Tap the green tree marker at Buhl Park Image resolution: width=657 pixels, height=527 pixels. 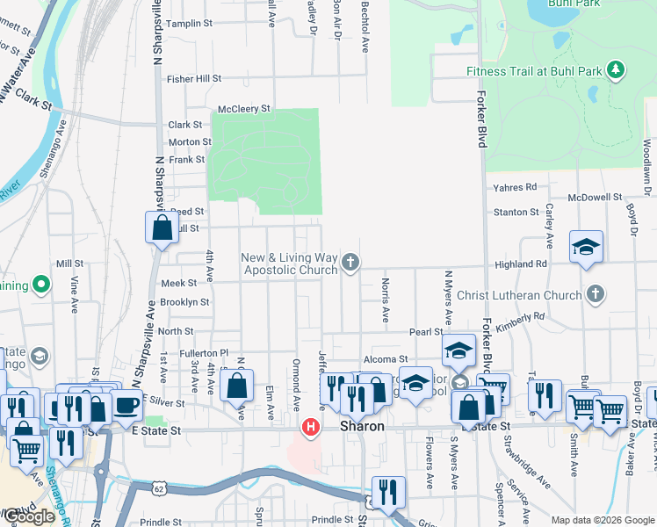point(616,69)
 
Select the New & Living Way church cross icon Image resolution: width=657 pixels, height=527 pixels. point(350,263)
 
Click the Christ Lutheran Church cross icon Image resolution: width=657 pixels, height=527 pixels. point(596,294)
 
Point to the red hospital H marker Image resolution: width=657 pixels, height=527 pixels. point(310,429)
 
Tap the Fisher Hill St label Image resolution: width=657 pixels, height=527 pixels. point(194,78)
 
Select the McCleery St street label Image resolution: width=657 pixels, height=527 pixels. point(244,108)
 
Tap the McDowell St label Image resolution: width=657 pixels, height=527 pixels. point(595,198)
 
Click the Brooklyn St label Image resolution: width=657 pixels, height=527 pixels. point(184,302)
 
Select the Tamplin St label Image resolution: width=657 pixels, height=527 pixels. point(191,24)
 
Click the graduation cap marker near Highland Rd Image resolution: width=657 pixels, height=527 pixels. point(586,247)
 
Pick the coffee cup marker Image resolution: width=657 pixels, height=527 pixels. point(126,406)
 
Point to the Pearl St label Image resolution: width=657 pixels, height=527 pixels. point(425,332)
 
